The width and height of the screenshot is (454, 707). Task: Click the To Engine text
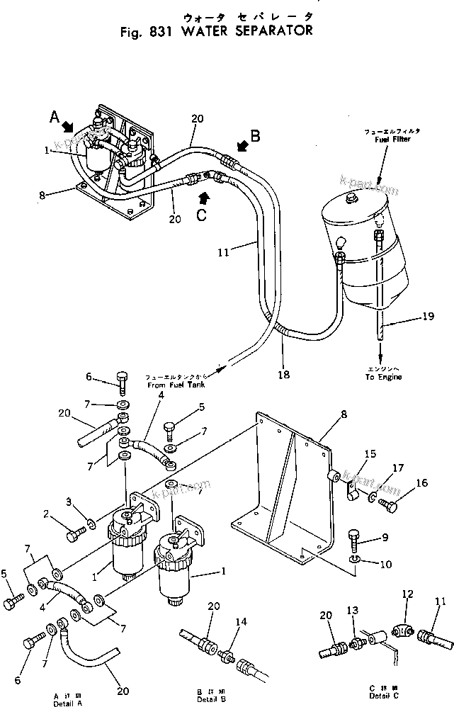[x=383, y=377]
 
